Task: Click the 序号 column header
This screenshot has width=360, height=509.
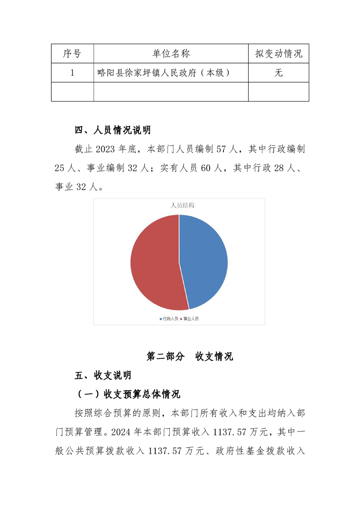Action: [x=72, y=54]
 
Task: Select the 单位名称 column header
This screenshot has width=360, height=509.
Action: [x=171, y=54]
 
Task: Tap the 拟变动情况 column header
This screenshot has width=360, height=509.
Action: [x=278, y=54]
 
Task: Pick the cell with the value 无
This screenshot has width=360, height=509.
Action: [x=278, y=73]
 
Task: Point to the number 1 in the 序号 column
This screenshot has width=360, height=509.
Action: [x=72, y=73]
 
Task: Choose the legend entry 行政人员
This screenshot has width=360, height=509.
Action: [x=170, y=318]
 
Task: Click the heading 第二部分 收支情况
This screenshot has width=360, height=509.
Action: [x=189, y=356]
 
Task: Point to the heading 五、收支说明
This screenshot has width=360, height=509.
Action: [x=103, y=375]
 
